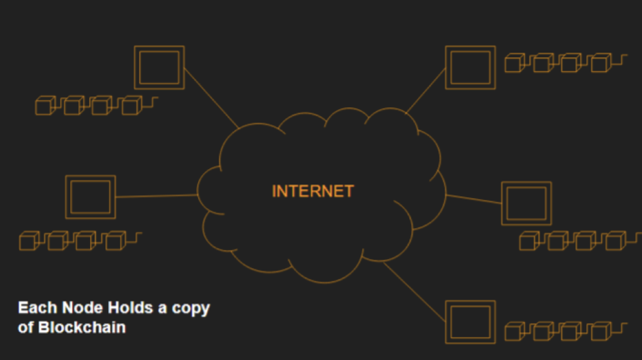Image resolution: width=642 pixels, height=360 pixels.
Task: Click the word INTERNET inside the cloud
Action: (x=313, y=191)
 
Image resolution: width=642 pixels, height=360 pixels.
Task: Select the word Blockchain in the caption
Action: (x=82, y=327)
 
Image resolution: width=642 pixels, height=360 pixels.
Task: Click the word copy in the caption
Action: (x=191, y=309)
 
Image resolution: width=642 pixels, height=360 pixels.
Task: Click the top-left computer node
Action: (x=160, y=67)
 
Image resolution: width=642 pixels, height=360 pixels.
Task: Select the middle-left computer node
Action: (x=91, y=197)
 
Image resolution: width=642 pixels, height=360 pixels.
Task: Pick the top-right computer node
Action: (x=470, y=67)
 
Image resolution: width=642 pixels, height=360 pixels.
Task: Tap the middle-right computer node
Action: (x=527, y=203)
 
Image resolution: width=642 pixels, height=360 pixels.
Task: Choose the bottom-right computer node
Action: (x=470, y=322)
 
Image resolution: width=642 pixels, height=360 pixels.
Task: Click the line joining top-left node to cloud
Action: (x=211, y=98)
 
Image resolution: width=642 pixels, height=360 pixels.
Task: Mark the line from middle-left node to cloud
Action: (x=157, y=196)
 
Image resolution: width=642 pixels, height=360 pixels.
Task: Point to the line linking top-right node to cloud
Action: (x=425, y=91)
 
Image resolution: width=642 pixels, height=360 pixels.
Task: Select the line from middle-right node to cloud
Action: (x=473, y=199)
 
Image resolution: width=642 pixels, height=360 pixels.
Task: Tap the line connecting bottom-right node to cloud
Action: (x=414, y=292)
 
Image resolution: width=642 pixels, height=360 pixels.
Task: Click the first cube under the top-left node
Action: (x=46, y=105)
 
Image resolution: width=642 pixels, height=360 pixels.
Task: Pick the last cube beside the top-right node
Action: (x=601, y=62)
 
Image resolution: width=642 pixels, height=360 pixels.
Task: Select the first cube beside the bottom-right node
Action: (x=515, y=331)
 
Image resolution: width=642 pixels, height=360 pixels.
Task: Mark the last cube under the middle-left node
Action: (x=115, y=240)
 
